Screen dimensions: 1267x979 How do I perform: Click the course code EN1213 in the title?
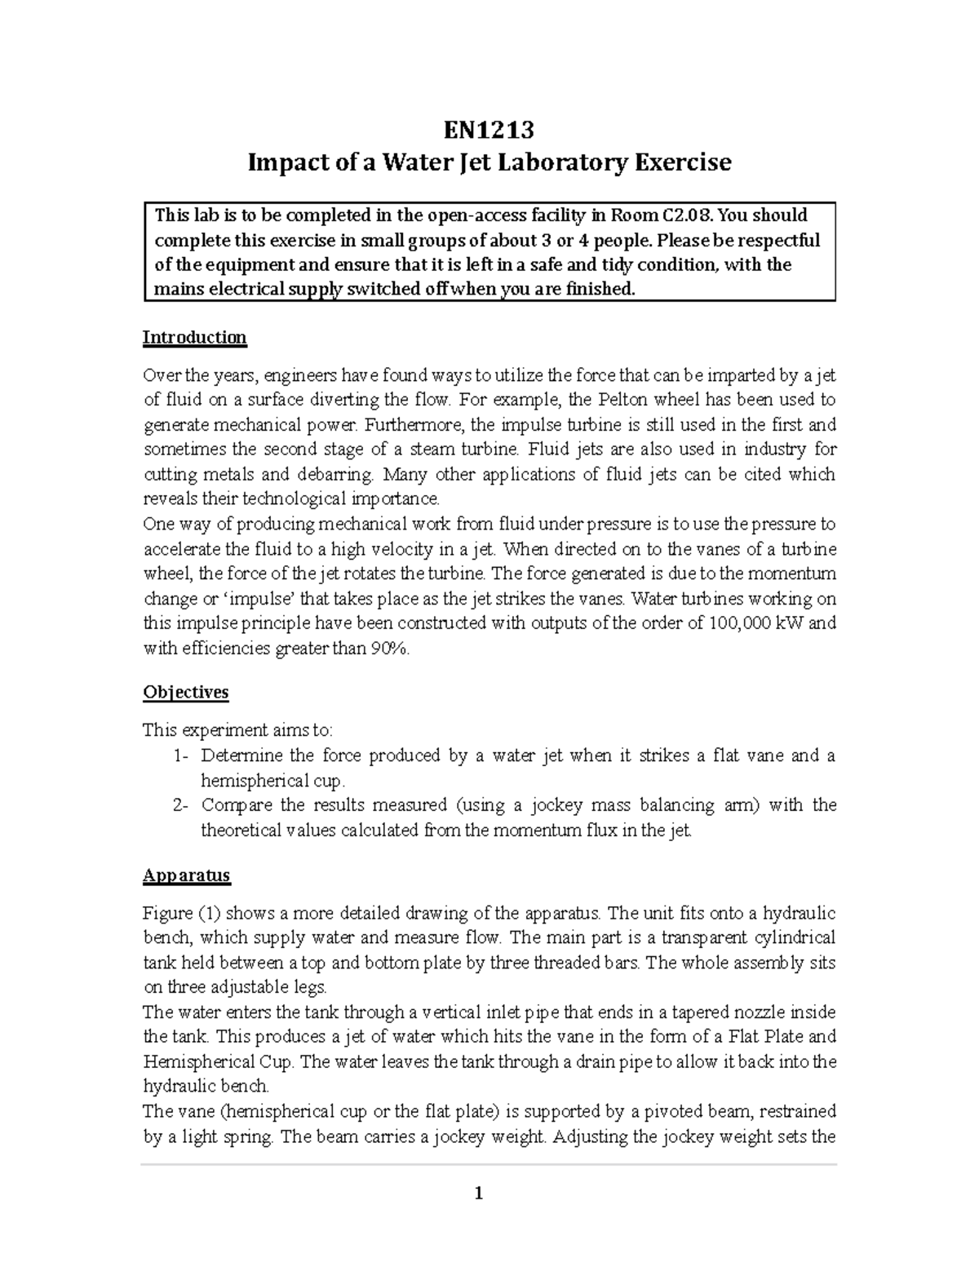[x=489, y=130]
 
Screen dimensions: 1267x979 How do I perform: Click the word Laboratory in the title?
[x=556, y=162]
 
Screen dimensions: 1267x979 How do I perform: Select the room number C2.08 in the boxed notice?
[x=690, y=215]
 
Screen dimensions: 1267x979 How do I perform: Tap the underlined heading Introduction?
[x=194, y=337]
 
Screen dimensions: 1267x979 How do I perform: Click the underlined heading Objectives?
[x=185, y=692]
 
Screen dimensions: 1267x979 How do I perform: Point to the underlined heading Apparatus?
[x=186, y=875]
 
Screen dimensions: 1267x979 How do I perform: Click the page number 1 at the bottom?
[x=479, y=1194]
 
